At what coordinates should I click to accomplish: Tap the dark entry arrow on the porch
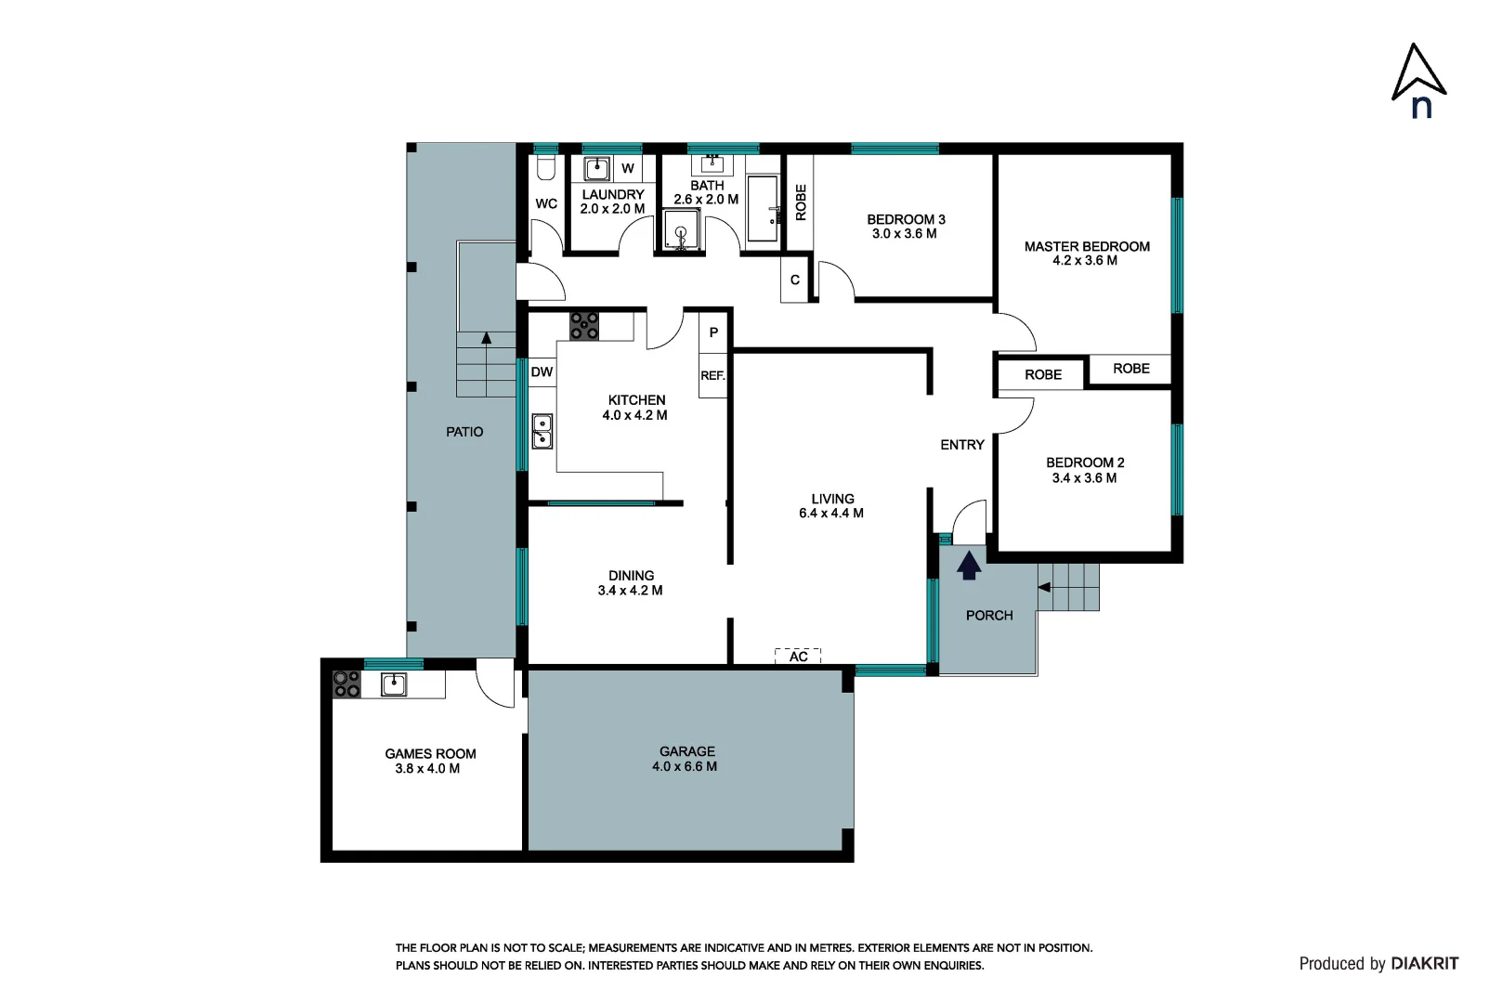[969, 565]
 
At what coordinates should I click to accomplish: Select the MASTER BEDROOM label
[1086, 253]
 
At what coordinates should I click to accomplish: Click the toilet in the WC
[546, 167]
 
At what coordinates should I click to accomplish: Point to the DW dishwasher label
[542, 371]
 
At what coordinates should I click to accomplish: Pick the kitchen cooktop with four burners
[584, 325]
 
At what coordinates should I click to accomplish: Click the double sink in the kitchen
[542, 431]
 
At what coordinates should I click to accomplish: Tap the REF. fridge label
[712, 375]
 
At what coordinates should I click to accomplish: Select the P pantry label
[713, 332]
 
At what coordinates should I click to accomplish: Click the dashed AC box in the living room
[798, 656]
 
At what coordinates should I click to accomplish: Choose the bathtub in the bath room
[763, 208]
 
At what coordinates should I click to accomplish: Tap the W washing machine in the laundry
[628, 168]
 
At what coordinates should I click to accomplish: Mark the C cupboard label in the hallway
[794, 280]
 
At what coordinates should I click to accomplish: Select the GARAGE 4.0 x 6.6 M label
[686, 759]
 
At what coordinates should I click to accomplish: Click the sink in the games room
[393, 684]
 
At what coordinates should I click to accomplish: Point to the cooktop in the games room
[346, 684]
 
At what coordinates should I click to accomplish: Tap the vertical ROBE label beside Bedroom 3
[801, 202]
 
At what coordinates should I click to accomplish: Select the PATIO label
[464, 432]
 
